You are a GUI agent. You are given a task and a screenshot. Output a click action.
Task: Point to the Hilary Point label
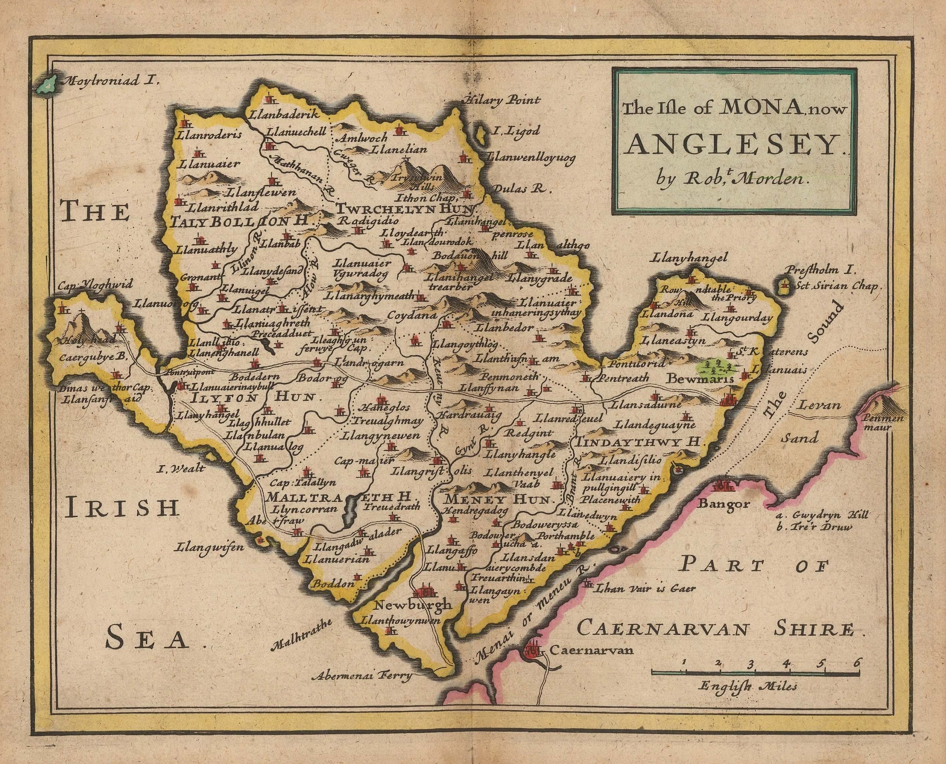coord(501,101)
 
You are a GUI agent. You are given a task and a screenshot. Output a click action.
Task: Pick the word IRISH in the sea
coord(124,509)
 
